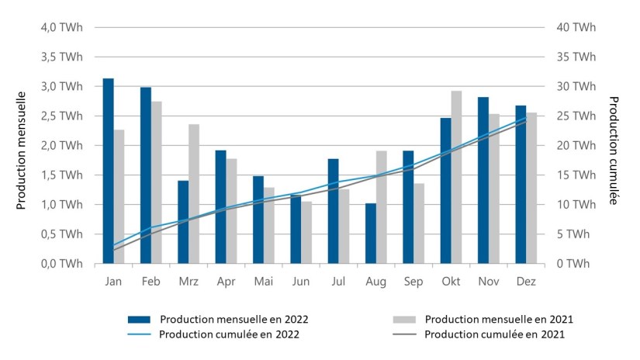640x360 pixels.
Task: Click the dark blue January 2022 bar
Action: point(108,171)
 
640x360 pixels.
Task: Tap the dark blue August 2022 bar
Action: point(370,233)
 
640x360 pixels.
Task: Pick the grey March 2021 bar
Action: point(194,194)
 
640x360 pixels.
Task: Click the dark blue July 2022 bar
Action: point(333,211)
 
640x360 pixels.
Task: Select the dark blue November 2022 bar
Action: point(483,180)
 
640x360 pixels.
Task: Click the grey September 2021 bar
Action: point(419,223)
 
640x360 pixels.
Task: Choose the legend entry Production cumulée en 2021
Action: point(495,334)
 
